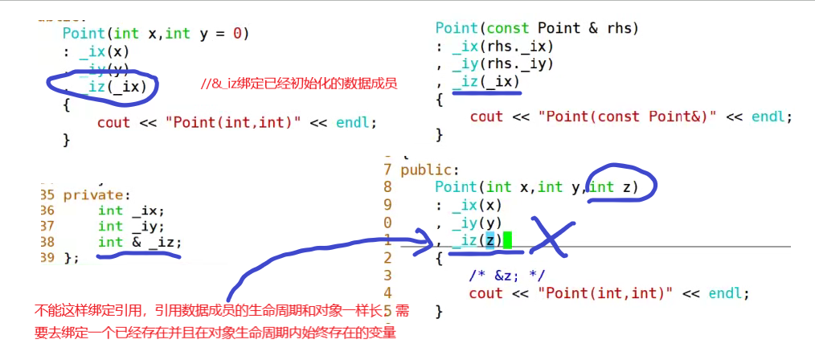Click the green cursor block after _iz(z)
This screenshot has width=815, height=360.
pos(507,239)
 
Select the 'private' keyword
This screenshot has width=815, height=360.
pos(91,194)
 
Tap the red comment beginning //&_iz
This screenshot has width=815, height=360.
pos(299,84)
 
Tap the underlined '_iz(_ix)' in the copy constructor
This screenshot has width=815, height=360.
pos(486,81)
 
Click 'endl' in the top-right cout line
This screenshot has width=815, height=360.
pos(772,117)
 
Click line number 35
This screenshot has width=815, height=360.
pos(46,194)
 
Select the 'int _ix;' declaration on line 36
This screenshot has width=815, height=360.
pos(130,211)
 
